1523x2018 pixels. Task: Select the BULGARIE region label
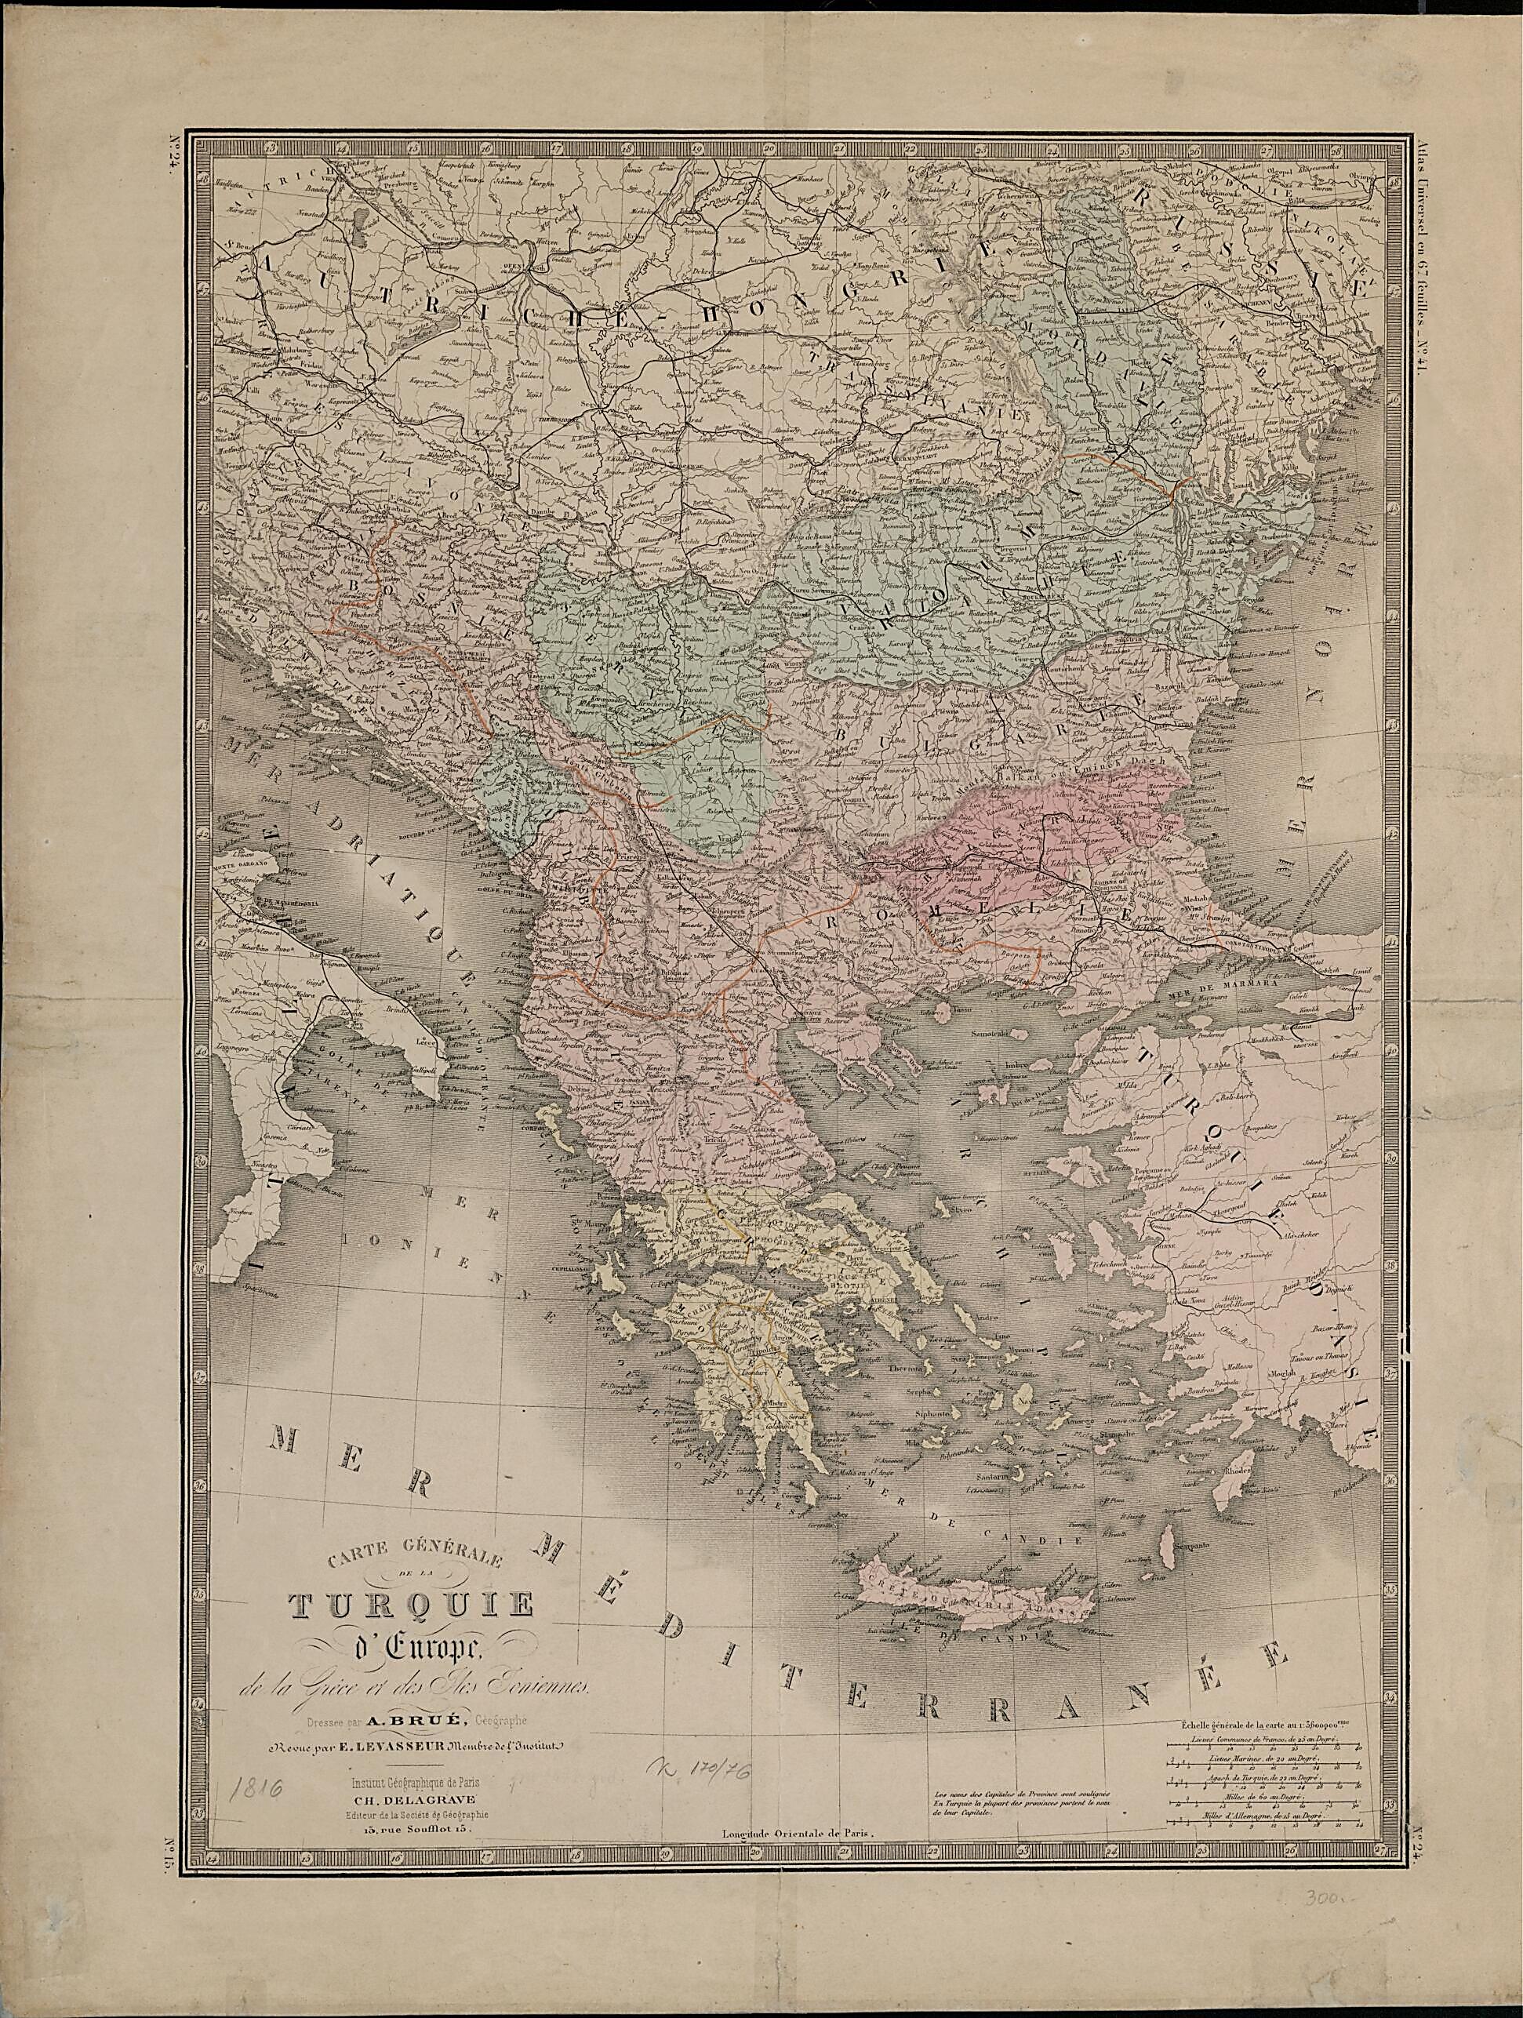click(x=958, y=721)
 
